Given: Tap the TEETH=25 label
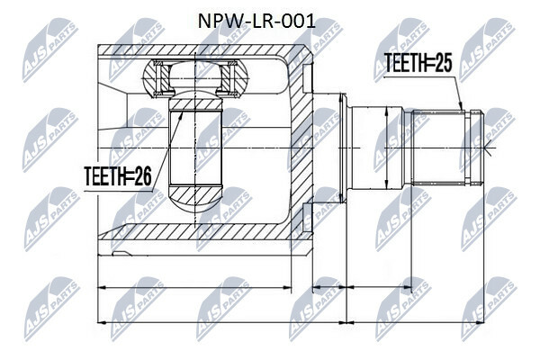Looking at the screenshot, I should click(x=417, y=62).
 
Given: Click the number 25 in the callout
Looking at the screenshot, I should click(x=442, y=62).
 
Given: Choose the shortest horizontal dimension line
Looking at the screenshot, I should click(x=328, y=289).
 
